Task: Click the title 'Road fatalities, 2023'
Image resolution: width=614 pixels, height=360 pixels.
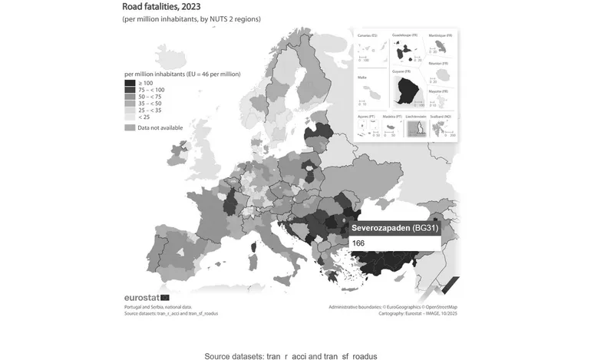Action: click(x=161, y=7)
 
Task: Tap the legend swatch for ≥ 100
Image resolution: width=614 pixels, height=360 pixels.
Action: click(x=130, y=83)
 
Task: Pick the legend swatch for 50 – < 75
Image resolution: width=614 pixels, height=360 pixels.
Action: click(x=130, y=96)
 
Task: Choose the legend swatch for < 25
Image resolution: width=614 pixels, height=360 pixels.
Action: click(x=130, y=116)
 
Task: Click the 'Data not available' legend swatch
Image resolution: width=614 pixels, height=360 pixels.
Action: click(x=130, y=127)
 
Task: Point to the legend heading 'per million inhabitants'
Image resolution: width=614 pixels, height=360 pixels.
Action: click(x=183, y=74)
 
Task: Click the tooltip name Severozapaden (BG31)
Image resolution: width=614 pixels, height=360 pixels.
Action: click(x=394, y=229)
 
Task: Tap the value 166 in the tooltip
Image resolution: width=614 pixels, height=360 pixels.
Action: click(x=358, y=243)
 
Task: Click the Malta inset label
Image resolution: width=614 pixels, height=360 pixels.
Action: click(x=364, y=78)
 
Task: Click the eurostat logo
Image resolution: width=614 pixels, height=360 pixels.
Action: click(x=146, y=297)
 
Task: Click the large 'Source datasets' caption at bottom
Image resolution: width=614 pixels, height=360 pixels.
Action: click(x=291, y=356)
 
